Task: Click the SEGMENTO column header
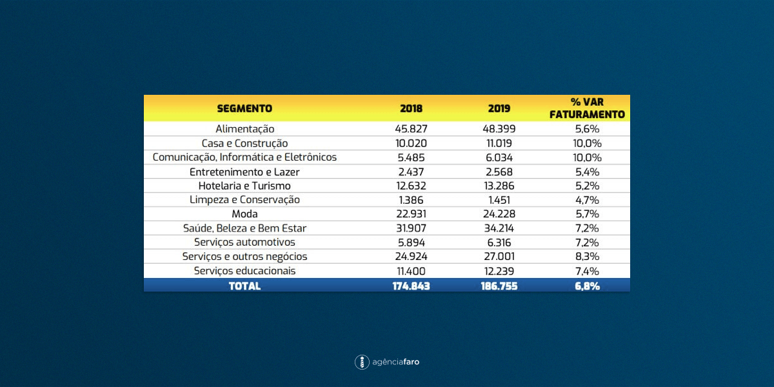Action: tap(244, 108)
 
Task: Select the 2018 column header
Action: tap(412, 108)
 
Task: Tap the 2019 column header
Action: tap(499, 108)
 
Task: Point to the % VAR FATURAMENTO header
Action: tap(587, 108)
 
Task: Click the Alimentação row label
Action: tap(244, 129)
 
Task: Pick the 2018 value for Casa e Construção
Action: tap(412, 143)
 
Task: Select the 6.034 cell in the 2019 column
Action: tap(499, 157)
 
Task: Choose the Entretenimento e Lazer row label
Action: tap(244, 172)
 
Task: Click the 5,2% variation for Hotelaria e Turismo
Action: tap(587, 186)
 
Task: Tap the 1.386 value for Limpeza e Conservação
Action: tap(412, 200)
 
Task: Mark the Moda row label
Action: tap(244, 214)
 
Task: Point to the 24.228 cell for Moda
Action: tap(499, 214)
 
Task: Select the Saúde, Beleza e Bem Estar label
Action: tap(244, 228)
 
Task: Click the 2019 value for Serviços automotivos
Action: tap(499, 243)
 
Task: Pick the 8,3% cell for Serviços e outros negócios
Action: tap(587, 257)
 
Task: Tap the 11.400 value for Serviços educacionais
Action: tap(412, 272)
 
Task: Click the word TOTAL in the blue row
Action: tap(244, 286)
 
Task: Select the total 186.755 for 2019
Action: tap(499, 286)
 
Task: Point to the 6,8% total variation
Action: tap(587, 286)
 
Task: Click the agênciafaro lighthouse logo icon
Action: tap(362, 362)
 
